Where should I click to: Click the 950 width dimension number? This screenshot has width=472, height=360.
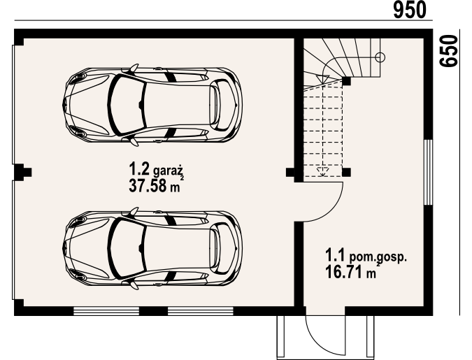coord(410,10)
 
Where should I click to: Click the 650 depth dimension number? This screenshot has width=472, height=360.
coord(448,51)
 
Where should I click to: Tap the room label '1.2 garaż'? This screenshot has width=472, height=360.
coord(156,169)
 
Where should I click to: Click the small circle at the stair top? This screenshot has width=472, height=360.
coord(380,57)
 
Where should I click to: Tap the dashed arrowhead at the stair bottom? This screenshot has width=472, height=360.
coord(322,171)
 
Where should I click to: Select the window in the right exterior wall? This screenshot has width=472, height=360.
coord(428,172)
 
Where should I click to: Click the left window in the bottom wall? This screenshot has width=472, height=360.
coord(106,311)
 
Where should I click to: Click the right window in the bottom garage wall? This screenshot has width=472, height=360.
coord(201,311)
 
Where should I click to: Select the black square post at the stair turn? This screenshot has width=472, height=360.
coord(346,81)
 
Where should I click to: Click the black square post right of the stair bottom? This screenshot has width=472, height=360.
coord(346,172)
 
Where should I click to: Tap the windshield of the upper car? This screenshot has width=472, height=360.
coord(127,105)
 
